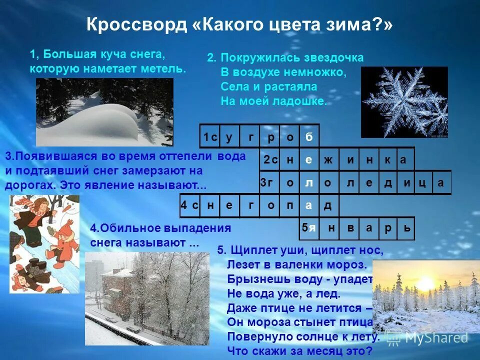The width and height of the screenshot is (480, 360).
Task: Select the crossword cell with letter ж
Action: [x=328, y=160]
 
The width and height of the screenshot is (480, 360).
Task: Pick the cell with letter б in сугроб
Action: [x=309, y=136]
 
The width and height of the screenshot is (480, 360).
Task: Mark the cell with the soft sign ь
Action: [x=407, y=228]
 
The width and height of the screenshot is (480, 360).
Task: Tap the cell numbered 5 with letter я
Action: [x=309, y=228]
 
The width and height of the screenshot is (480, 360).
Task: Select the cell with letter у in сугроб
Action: [x=229, y=136]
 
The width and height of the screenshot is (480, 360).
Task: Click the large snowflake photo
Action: [x=404, y=102]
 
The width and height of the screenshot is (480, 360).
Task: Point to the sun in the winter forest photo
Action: [x=428, y=284]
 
